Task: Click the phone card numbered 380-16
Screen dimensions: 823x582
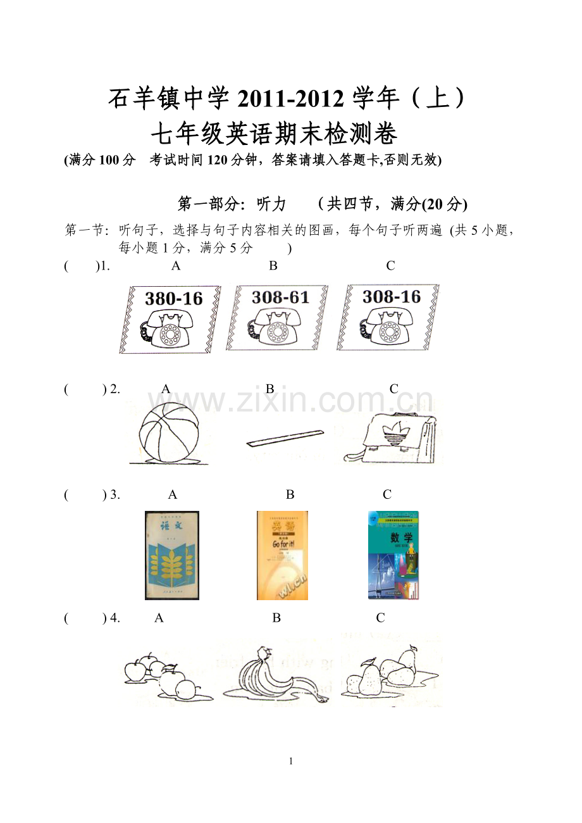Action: click(x=171, y=318)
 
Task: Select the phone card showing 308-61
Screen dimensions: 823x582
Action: click(x=277, y=317)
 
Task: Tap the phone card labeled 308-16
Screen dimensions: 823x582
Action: click(x=388, y=317)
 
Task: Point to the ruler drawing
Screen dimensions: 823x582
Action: click(x=285, y=437)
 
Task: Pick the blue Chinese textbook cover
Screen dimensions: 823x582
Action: click(x=172, y=555)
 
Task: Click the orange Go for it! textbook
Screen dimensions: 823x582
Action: click(x=282, y=555)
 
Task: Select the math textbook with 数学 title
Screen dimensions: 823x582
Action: click(x=393, y=555)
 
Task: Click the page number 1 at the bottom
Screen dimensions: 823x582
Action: click(x=291, y=762)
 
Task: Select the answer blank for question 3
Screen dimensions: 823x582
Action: click(x=84, y=495)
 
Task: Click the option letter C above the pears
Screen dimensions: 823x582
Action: click(x=380, y=618)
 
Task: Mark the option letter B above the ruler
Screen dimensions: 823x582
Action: click(x=269, y=389)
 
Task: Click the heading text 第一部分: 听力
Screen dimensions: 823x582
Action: click(x=232, y=204)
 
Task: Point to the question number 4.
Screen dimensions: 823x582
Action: click(x=115, y=618)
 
